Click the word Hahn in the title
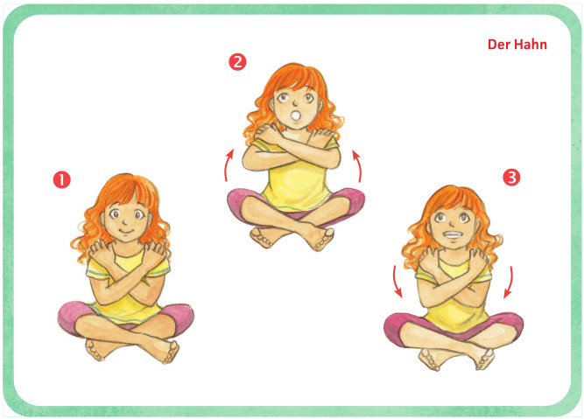[529, 45]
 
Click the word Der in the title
[498, 45]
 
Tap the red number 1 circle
[62, 179]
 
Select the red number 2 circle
[237, 62]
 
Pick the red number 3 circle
[511, 178]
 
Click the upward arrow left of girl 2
[228, 164]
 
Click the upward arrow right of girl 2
[358, 165]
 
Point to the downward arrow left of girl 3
[397, 282]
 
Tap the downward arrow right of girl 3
[510, 282]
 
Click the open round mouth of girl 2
[296, 115]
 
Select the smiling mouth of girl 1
[126, 232]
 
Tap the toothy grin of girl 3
[452, 235]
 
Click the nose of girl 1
[125, 222]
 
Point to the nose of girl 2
[294, 103]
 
